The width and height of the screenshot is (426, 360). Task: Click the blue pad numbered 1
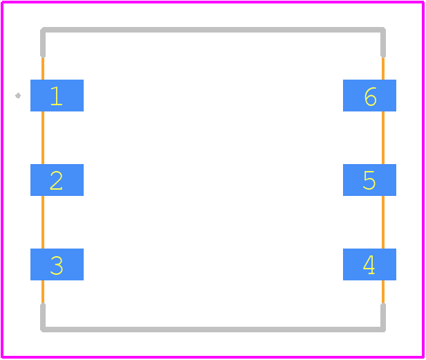click(x=57, y=96)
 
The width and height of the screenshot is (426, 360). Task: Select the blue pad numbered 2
click(x=57, y=180)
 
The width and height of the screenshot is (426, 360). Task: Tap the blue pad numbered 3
click(x=57, y=264)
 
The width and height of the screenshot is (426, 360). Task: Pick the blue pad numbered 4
click(x=369, y=264)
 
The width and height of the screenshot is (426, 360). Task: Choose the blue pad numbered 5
click(x=369, y=180)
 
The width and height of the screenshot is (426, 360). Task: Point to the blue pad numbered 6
click(x=369, y=96)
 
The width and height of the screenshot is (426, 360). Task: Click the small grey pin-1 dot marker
click(x=18, y=96)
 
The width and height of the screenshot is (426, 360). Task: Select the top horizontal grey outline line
click(x=213, y=30)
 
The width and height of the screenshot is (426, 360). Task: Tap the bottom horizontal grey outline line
click(x=213, y=330)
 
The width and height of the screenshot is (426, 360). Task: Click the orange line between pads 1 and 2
click(x=43, y=138)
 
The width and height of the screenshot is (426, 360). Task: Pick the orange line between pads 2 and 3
click(x=43, y=222)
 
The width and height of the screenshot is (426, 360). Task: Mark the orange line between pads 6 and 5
click(x=383, y=138)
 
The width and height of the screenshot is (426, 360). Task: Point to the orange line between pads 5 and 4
click(x=383, y=222)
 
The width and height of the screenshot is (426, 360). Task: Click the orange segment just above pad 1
click(x=43, y=69)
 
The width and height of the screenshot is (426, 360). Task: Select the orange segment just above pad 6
click(x=383, y=69)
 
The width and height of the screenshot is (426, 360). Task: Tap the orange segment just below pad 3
click(x=43, y=291)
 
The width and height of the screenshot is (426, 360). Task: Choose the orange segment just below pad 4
click(x=383, y=291)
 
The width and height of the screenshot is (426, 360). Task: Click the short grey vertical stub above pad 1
click(x=43, y=44)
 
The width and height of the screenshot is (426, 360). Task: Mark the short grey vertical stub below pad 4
click(x=383, y=316)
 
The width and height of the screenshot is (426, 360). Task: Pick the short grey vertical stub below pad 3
click(x=43, y=316)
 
